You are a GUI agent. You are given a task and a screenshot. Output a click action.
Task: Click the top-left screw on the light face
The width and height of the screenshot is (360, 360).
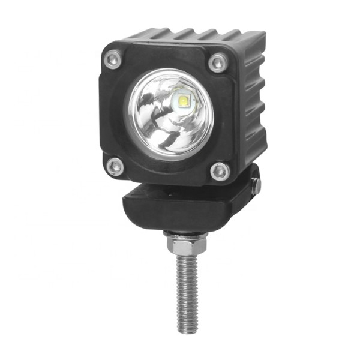coord(112,59)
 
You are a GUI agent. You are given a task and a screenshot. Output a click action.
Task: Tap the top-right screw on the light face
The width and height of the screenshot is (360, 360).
coord(217,62)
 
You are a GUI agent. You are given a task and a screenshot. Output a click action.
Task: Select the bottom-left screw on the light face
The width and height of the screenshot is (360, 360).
coord(115,166)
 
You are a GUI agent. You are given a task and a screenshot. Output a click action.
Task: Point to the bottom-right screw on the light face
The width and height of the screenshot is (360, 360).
coord(220,171)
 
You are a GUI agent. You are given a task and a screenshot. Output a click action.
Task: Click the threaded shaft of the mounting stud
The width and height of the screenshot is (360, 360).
coord(187,288)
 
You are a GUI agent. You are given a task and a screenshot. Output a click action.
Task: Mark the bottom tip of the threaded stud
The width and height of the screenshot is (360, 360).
coord(187,331)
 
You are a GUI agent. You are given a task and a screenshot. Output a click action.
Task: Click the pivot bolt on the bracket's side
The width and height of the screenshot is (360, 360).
coord(256,184)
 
